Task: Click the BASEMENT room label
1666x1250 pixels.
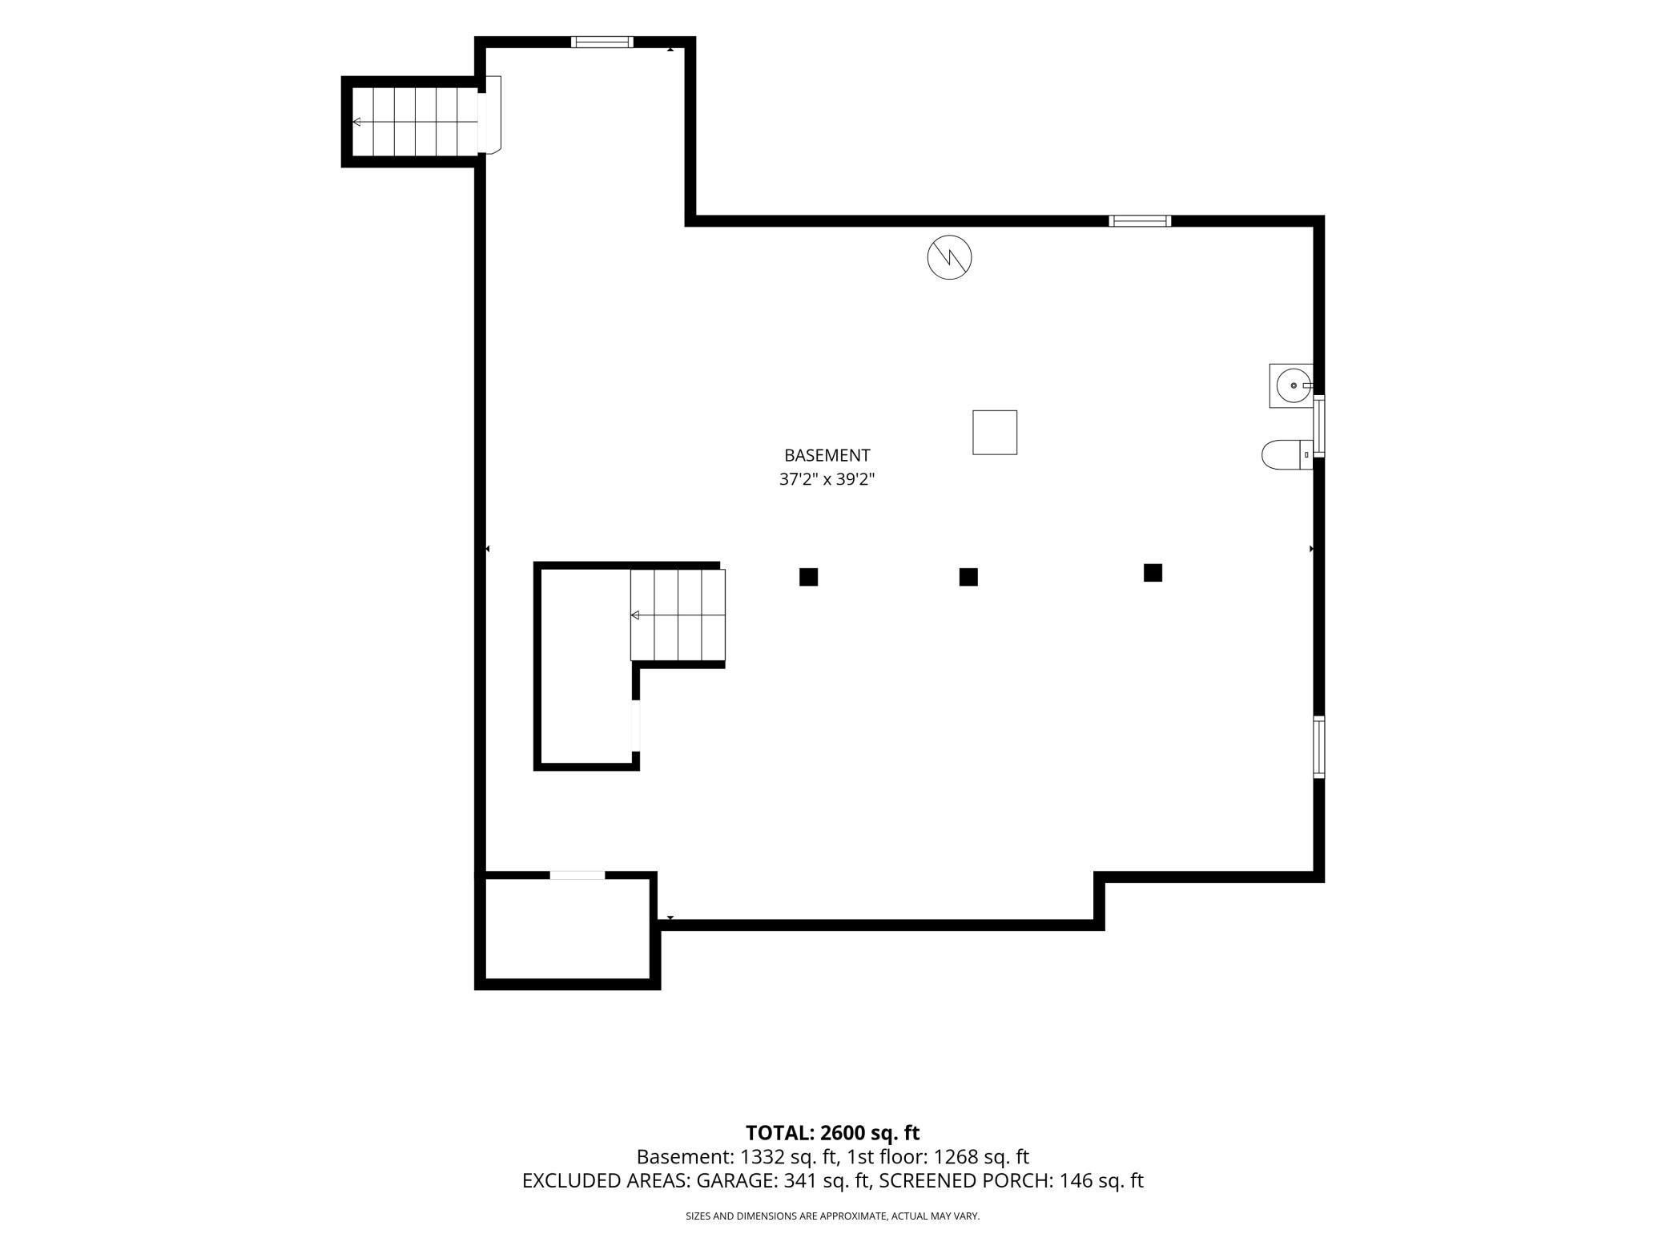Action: tap(827, 455)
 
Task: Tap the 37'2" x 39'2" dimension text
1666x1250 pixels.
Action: tap(827, 480)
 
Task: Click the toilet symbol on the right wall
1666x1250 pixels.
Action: tap(1287, 455)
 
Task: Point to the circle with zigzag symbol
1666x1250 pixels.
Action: tap(949, 257)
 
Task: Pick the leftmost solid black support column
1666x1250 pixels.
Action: tap(808, 577)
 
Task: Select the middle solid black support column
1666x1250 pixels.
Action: tap(968, 577)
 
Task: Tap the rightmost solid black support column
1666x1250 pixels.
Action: tap(1153, 572)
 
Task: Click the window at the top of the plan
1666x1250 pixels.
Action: tap(602, 42)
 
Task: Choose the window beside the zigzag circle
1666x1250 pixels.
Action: tap(1140, 221)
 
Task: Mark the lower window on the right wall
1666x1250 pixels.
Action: tap(1318, 747)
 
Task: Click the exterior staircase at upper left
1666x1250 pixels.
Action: tap(415, 122)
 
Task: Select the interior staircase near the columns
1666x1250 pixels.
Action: tap(678, 615)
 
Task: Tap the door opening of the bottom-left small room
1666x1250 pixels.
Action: tap(577, 875)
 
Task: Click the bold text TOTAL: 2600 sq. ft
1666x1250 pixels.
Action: tap(832, 1132)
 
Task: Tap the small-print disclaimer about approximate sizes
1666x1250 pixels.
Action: tap(832, 1216)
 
